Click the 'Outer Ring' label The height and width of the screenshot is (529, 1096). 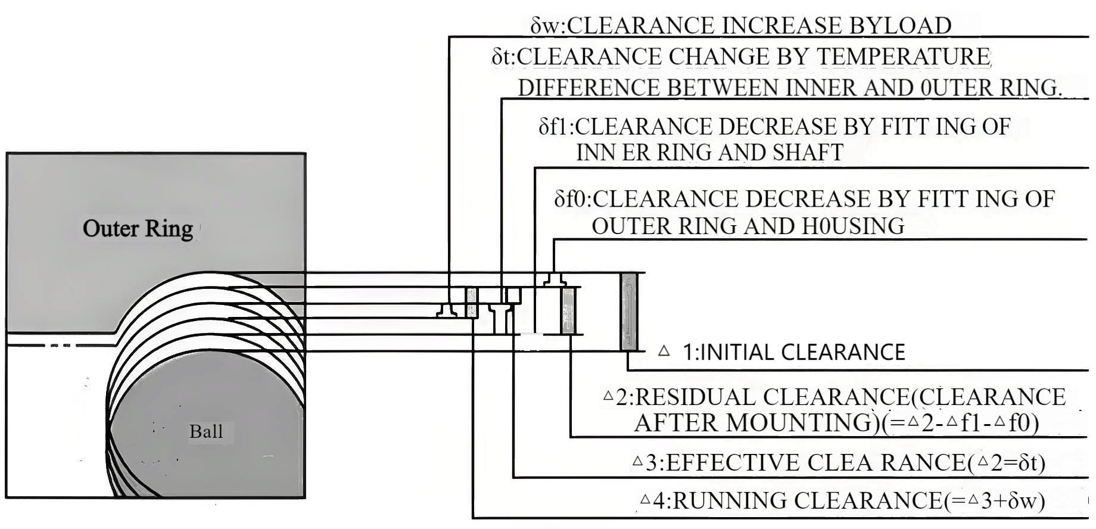pos(138,228)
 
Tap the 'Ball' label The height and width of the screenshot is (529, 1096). pos(206,431)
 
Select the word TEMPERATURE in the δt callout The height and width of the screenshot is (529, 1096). pos(902,57)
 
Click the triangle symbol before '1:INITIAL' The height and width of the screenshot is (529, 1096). pos(664,351)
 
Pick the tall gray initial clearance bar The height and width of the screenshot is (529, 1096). pos(628,312)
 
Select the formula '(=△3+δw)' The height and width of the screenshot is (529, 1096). pos(994,500)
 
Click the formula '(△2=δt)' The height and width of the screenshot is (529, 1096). pos(1005,462)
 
